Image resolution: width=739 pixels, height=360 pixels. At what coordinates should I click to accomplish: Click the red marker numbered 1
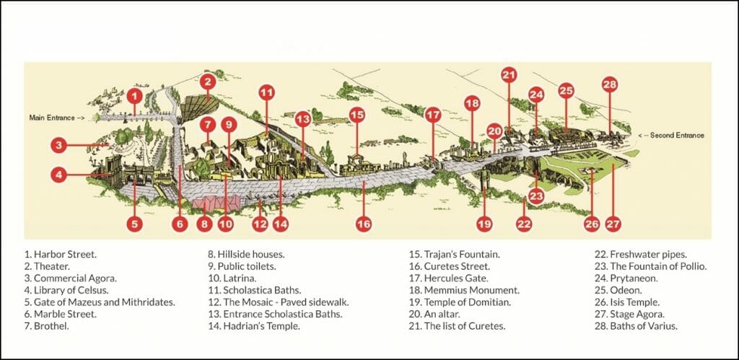point(134,95)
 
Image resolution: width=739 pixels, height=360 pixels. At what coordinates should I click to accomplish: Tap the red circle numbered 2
point(207,81)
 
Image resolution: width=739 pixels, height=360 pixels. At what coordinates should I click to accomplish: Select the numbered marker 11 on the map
point(267,92)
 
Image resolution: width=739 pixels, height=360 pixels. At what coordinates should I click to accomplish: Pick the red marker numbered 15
point(357,114)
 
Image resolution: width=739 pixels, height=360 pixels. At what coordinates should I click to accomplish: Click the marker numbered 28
point(610,85)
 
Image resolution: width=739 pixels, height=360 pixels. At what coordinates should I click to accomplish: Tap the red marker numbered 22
point(524,224)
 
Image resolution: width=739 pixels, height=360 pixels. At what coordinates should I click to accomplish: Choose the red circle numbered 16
point(364,224)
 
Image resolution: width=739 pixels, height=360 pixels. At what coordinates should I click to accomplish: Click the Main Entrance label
point(56,117)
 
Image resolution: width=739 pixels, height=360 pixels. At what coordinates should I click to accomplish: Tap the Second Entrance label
point(675,135)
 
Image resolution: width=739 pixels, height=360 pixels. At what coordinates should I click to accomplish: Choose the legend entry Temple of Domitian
point(450,302)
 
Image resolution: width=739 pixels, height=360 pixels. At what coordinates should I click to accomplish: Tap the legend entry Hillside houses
point(245,254)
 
